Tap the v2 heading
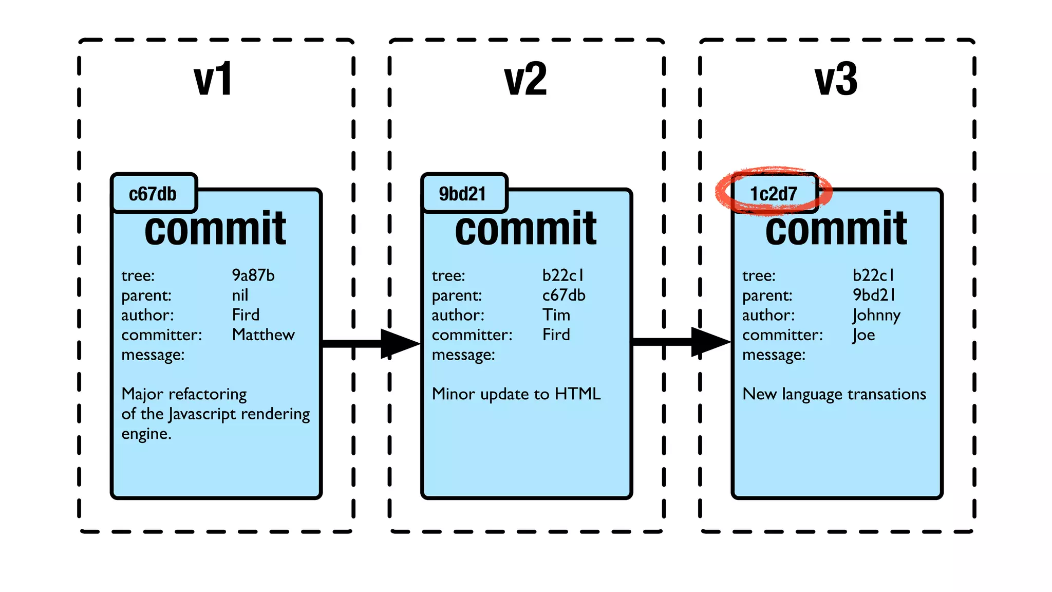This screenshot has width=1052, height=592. pyautogui.click(x=525, y=80)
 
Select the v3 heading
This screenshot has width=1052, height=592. pyautogui.click(x=836, y=80)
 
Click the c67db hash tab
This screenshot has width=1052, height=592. pyautogui.click(x=153, y=194)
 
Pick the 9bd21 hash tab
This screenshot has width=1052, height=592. pyautogui.click(x=462, y=194)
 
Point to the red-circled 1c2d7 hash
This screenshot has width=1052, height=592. pyautogui.click(x=774, y=194)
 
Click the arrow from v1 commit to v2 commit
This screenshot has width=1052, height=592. pyautogui.click(x=370, y=343)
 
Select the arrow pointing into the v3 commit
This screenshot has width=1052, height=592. pyautogui.click(x=681, y=342)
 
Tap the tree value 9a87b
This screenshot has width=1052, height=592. pyautogui.click(x=253, y=275)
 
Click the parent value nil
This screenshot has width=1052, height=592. pyautogui.click(x=240, y=295)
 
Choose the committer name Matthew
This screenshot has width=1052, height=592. pyautogui.click(x=263, y=335)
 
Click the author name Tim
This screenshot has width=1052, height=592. pyautogui.click(x=556, y=314)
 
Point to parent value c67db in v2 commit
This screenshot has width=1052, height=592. pyautogui.click(x=563, y=295)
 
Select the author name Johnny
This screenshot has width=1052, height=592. pyautogui.click(x=876, y=315)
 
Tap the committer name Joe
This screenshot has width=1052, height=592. pyautogui.click(x=863, y=335)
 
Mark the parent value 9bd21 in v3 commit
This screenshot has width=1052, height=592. pyautogui.click(x=874, y=295)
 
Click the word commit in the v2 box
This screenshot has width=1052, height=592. pyautogui.click(x=525, y=229)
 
